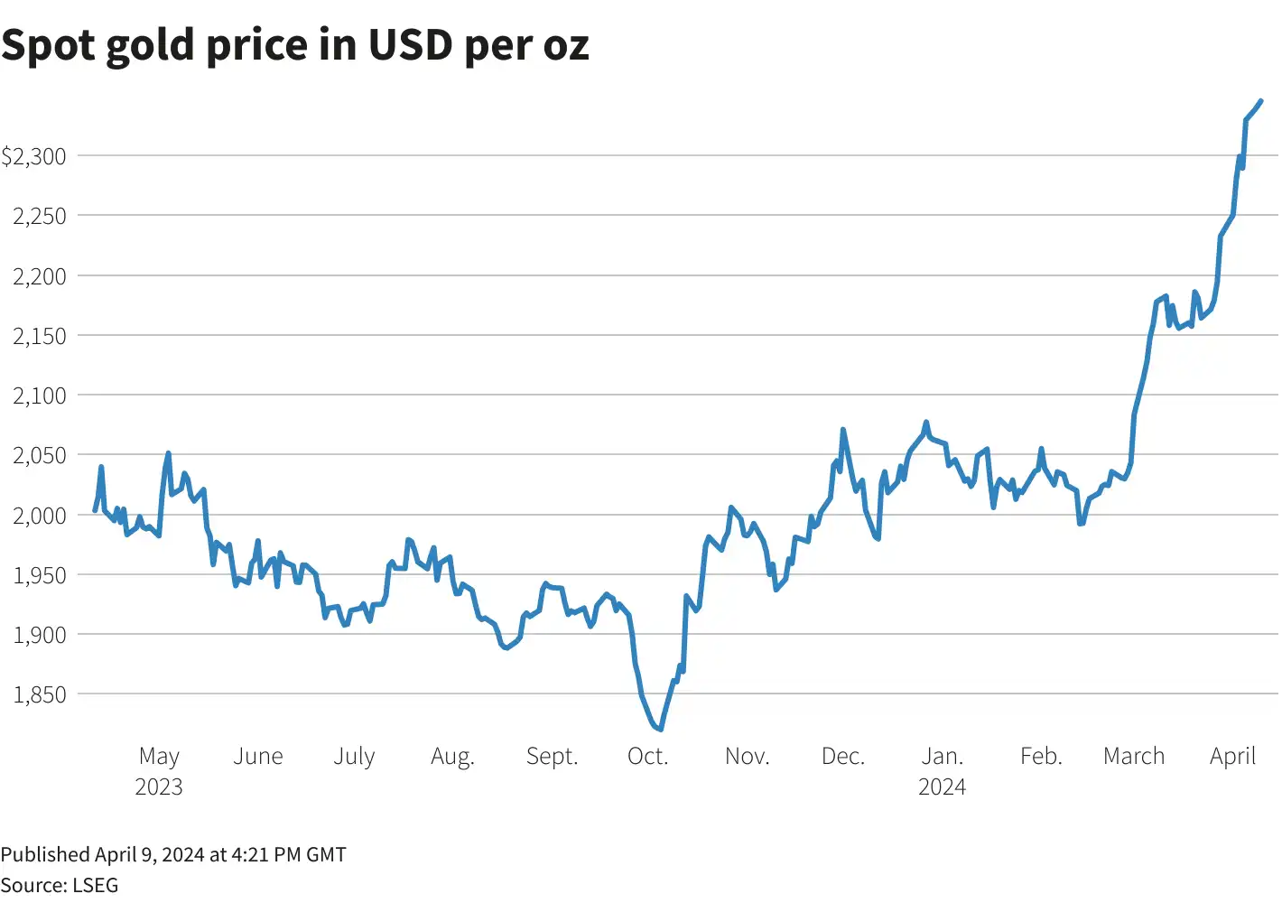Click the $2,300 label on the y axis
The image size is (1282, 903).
34,156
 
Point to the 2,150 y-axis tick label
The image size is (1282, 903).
40,336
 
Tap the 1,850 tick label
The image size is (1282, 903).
40,694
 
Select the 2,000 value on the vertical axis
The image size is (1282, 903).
40,515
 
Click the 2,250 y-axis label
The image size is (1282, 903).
40,216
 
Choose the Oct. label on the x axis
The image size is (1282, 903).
648,756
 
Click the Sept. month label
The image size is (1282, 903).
552,756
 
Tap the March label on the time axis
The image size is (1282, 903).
1134,756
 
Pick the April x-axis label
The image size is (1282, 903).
1232,756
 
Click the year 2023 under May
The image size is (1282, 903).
159,787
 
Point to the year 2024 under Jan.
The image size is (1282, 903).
942,787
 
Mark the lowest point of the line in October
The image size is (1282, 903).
661,729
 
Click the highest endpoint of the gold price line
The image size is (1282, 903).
1260,101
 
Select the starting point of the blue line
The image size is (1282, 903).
96,510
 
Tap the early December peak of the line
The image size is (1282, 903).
842,430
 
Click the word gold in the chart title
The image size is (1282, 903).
149,45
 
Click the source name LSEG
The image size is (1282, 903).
95,885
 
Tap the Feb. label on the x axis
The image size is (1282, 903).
1041,756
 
